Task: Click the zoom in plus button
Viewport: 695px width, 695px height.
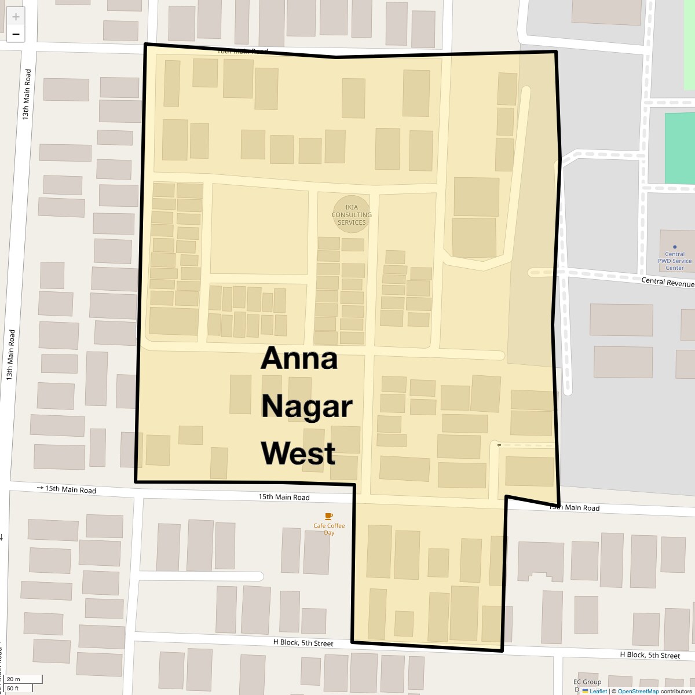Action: click(16, 16)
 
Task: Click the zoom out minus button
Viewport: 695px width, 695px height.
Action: click(16, 34)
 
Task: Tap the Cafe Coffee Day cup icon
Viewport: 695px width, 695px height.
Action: click(329, 516)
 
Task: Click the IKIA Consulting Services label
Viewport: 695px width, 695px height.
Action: click(352, 214)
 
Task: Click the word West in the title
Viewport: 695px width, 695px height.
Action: click(298, 453)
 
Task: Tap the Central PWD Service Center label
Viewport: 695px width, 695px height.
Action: click(675, 261)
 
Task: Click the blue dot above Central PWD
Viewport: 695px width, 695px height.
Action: click(675, 247)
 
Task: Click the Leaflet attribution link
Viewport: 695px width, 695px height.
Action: click(598, 691)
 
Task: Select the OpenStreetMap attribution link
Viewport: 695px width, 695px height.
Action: click(638, 691)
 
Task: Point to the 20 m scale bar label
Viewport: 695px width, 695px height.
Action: click(14, 679)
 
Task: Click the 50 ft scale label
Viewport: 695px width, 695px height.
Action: click(13, 688)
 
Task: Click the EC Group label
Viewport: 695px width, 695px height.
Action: click(587, 682)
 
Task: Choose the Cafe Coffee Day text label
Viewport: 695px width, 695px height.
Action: click(329, 529)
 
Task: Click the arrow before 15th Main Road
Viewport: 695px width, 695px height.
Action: click(41, 488)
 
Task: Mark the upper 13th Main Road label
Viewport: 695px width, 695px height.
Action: click(27, 94)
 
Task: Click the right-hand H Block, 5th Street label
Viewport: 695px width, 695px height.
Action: click(650, 655)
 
